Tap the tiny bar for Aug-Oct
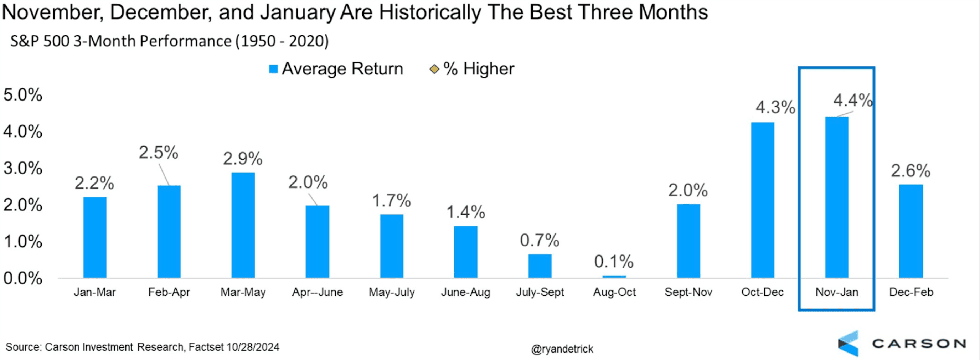[x=614, y=276]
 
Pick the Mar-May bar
[x=243, y=225]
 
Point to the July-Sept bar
[x=540, y=266]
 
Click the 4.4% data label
[x=852, y=101]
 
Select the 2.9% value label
[x=243, y=159]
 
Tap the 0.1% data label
[x=614, y=261]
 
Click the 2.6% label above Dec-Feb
[x=911, y=171]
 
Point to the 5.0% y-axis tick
[x=23, y=95]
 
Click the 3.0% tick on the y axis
[x=23, y=168]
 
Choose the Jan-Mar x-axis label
[x=95, y=292]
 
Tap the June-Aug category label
[x=465, y=292]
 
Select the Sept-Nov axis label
[x=688, y=292]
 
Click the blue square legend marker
[x=273, y=69]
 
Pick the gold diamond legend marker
[x=434, y=69]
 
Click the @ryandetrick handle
[x=562, y=349]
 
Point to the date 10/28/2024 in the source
[x=253, y=347]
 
